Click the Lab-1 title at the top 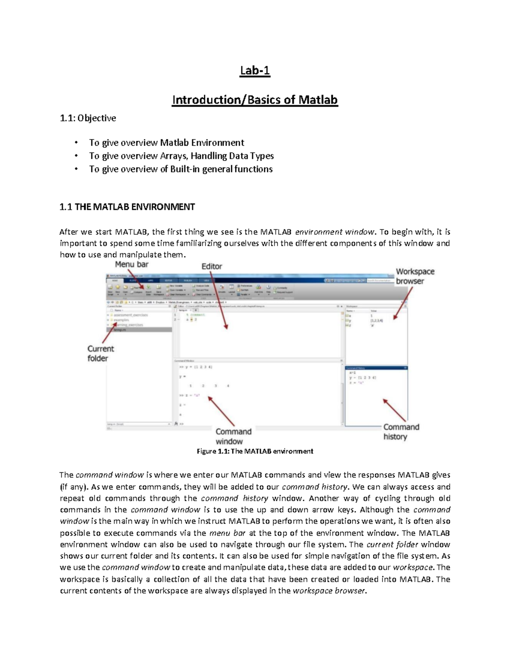click(255, 71)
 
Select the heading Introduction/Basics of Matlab click(255, 100)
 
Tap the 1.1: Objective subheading click(88, 118)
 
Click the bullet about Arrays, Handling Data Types click(181, 156)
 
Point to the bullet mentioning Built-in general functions click(181, 169)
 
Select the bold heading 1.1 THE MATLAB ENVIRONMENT click(127, 207)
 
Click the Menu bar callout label click(132, 264)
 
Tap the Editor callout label click(212, 266)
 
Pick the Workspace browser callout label click(415, 276)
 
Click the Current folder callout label click(101, 354)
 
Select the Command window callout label click(233, 436)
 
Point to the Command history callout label click(401, 432)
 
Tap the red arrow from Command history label click(395, 410)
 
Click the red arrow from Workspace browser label click(402, 303)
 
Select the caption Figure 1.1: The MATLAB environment click(255, 451)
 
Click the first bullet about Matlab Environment click(166, 143)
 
